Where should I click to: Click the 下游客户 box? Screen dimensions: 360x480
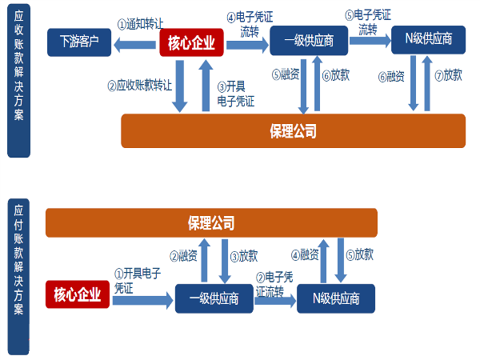tap(79, 41)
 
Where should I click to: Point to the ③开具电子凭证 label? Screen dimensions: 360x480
tap(235, 94)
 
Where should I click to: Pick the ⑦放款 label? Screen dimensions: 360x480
tap(449, 75)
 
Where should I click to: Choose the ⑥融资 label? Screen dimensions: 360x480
tap(391, 76)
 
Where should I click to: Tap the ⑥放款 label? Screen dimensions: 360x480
tap(336, 75)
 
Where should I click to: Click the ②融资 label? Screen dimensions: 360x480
tap(183, 256)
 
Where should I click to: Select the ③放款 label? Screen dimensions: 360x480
tap(244, 256)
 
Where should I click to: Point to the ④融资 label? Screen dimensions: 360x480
tap(305, 255)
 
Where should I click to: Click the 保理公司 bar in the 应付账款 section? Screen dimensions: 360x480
tap(211, 223)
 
